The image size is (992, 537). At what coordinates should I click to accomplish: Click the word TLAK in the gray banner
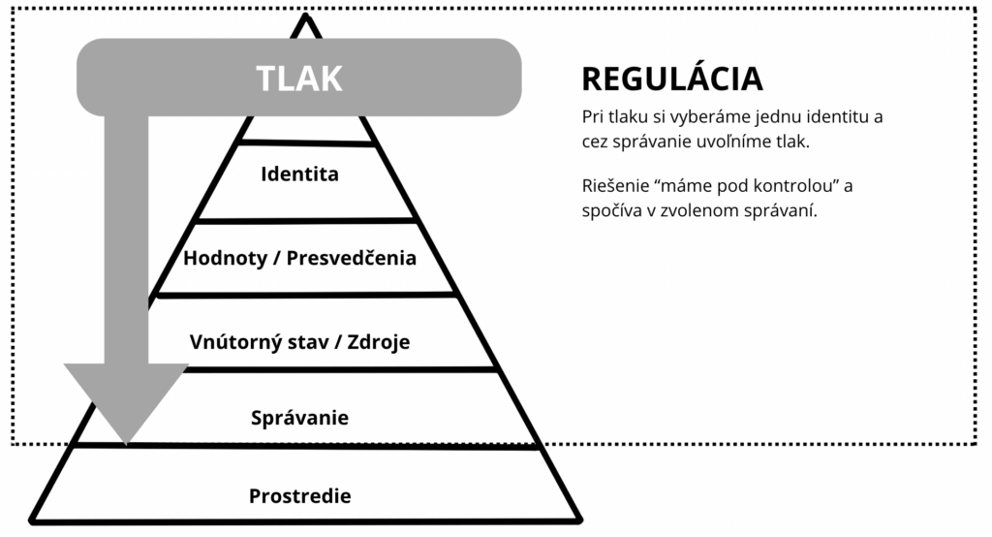pos(298,79)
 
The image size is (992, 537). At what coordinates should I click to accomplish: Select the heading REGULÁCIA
pos(671,79)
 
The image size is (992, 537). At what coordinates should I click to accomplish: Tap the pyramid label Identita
pos(299,174)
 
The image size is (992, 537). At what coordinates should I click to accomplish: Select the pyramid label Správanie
pos(299,418)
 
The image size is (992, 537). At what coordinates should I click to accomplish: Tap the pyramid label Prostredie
pos(299,495)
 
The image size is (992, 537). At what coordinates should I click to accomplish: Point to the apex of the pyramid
pos(306,16)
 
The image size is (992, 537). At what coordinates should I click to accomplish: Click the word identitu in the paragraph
pos(840,117)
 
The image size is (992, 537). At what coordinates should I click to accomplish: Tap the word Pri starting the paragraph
pos(592,117)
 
